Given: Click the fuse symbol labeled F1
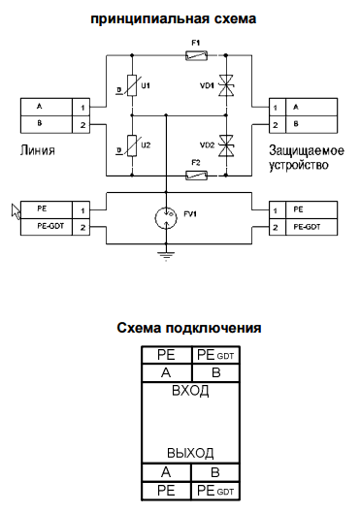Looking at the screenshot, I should coord(196,57).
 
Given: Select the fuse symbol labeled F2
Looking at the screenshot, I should coord(196,175).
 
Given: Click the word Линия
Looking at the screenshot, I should coord(37,150).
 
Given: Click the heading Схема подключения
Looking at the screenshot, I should coord(188,328).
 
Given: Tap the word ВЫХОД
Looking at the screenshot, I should coord(189,453).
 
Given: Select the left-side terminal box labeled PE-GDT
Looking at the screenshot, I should coord(43,227).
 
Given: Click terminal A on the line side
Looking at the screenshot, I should coord(43,107).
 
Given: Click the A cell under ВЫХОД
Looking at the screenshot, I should coord(166,472).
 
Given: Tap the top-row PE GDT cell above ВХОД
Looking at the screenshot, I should coord(215,355).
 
